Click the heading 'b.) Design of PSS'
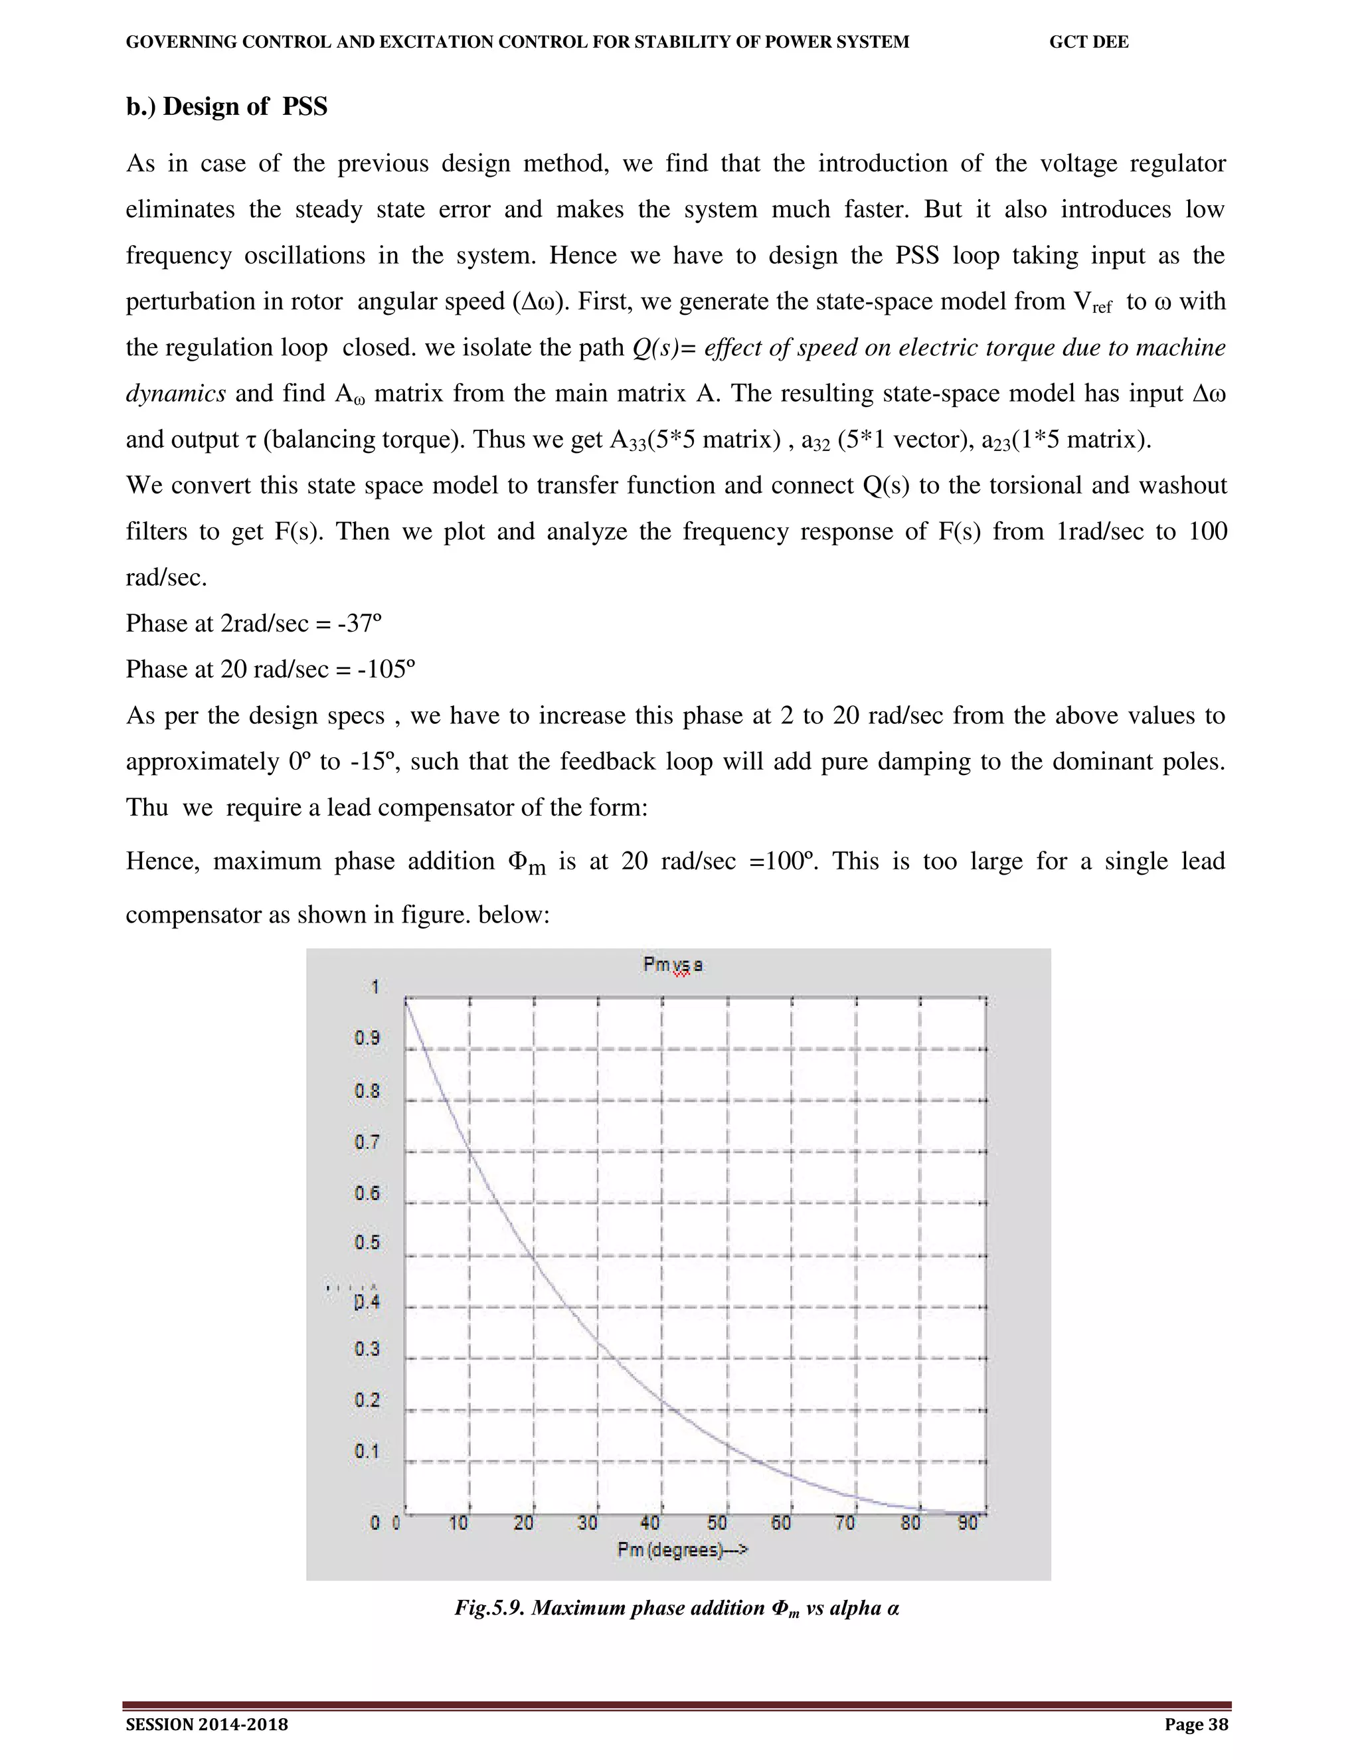(x=226, y=106)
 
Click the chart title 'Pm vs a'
(x=672, y=964)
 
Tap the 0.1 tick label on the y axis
(x=367, y=1451)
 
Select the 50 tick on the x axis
(x=717, y=1523)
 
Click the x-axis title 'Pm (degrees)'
(x=681, y=1549)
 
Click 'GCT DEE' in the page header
(x=1088, y=42)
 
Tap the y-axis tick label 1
(x=375, y=987)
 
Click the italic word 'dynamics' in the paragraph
(x=175, y=393)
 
